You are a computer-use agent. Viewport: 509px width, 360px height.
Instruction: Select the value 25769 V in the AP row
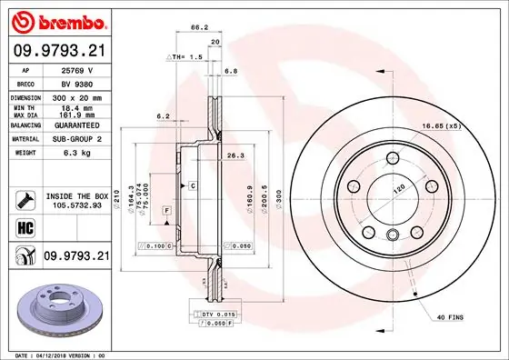coord(74,69)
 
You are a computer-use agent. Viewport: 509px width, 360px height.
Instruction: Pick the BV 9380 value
coord(74,82)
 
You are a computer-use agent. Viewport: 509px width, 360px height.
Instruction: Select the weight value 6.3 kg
coord(74,153)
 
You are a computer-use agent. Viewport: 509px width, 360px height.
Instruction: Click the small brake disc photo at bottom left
coord(56,305)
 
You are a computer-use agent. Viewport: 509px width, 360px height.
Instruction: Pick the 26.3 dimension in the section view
coord(236,155)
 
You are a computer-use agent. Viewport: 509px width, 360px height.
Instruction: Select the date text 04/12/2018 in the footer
coord(53,354)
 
